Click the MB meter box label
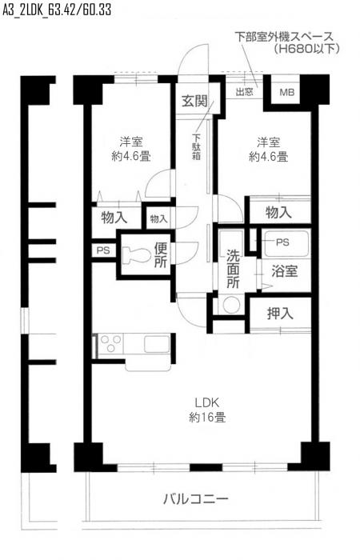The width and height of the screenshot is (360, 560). click(x=286, y=93)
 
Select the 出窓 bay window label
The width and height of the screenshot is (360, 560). click(x=246, y=92)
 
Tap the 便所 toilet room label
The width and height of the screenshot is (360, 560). click(x=161, y=254)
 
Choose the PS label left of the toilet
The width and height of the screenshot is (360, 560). click(x=103, y=250)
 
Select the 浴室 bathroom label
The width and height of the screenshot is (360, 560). click(x=285, y=270)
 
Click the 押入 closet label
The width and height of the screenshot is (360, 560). click(x=280, y=313)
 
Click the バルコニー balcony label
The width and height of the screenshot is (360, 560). click(x=196, y=498)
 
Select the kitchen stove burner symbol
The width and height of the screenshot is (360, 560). click(x=111, y=345)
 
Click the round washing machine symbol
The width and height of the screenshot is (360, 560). click(x=231, y=305)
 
